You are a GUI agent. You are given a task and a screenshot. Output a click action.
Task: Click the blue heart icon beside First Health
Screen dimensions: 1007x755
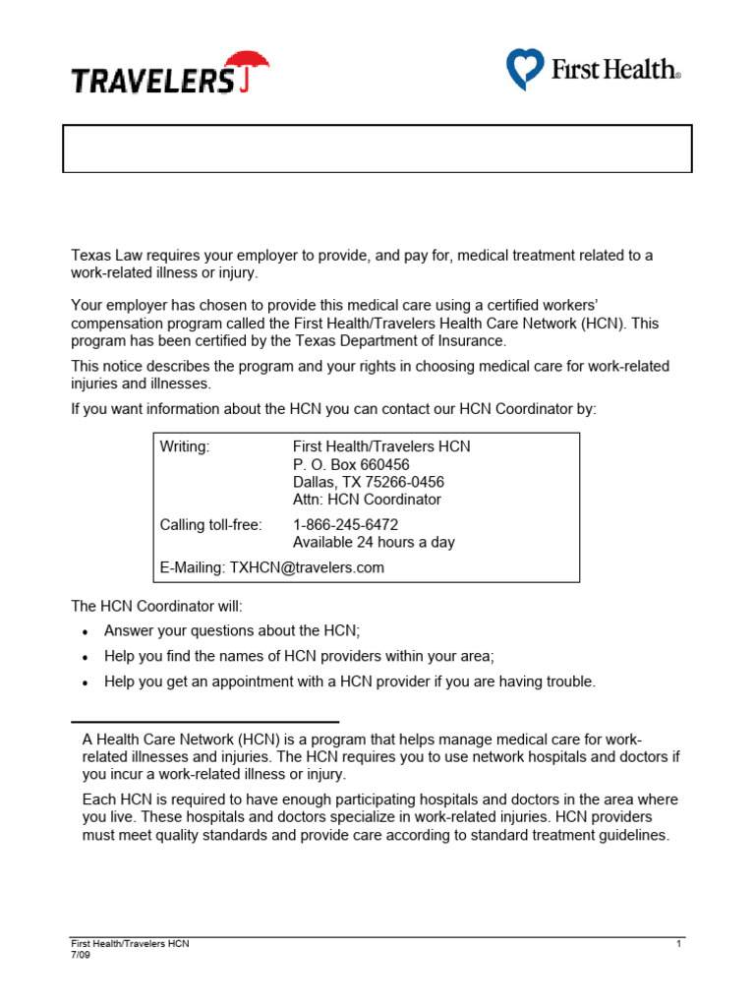[x=525, y=70]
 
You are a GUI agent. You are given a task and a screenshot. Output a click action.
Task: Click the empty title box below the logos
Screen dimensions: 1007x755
[x=377, y=148]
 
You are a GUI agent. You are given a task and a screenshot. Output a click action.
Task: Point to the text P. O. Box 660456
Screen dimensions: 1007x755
[x=351, y=464]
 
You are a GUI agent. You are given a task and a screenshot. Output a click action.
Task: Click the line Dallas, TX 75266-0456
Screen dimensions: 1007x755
[x=368, y=482]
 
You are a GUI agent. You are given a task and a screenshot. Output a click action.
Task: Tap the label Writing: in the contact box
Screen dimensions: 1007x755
[x=185, y=446]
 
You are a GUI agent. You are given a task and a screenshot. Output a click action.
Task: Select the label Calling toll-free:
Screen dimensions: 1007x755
[x=210, y=525]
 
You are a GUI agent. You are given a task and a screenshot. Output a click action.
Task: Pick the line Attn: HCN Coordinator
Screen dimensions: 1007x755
[x=367, y=500]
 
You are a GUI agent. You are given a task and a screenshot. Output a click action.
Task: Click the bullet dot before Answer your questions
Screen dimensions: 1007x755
[x=87, y=632]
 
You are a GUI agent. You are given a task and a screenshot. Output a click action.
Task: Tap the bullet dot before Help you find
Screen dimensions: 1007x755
[x=87, y=657]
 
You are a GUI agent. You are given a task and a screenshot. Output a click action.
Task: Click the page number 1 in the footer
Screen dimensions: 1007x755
[x=678, y=944]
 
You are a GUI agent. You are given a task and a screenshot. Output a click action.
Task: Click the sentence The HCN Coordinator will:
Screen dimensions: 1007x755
[x=148, y=607]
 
